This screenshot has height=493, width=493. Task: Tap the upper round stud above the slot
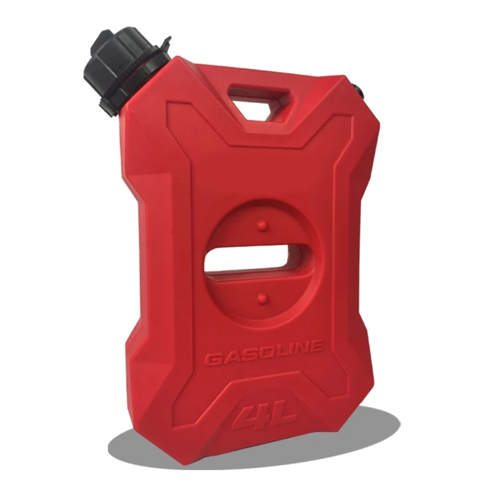click(261, 225)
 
